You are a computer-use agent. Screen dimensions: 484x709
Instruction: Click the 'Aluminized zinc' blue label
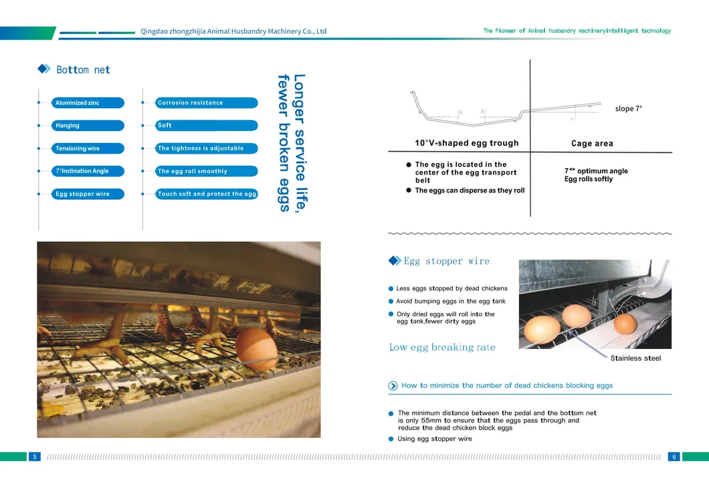pos(88,103)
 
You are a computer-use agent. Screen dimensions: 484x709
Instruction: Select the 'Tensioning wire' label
pos(88,148)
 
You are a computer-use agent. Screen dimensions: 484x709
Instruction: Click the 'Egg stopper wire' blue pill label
pos(88,194)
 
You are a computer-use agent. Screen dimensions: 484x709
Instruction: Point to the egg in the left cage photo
pos(256,348)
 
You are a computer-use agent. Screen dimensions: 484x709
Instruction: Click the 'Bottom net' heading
pos(83,70)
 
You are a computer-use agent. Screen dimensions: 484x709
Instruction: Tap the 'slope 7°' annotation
pos(628,109)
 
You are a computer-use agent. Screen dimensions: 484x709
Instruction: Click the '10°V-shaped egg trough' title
pos(466,143)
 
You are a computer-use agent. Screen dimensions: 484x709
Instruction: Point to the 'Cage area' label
pos(592,144)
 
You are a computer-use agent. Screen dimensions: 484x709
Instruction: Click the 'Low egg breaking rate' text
pos(442,347)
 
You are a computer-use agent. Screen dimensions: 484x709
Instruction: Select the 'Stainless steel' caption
pos(635,358)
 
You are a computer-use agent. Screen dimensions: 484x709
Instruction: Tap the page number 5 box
pos(34,457)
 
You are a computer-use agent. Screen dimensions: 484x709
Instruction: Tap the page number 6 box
pos(674,457)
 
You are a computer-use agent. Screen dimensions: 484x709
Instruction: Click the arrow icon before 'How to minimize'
pos(393,386)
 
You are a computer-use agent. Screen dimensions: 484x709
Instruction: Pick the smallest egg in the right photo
pos(625,324)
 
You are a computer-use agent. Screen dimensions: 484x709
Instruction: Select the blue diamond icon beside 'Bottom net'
pos(44,69)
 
